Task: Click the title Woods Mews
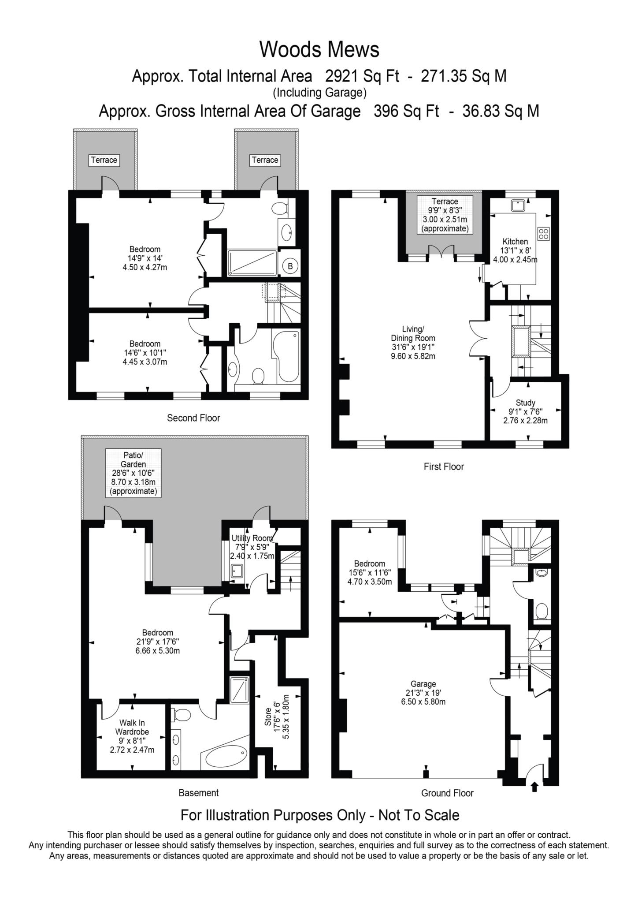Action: tap(319, 49)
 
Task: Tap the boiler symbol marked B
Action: tap(290, 266)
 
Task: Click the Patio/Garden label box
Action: tap(133, 473)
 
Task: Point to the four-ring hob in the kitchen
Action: tap(544, 233)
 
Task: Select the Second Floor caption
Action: tap(193, 418)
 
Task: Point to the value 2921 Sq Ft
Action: tap(362, 76)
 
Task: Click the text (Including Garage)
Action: tap(320, 93)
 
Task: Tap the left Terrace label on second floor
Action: tap(104, 160)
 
